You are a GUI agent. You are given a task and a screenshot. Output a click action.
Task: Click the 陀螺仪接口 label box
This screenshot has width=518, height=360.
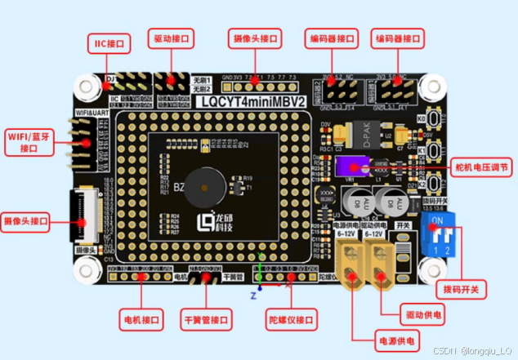(x=292, y=318)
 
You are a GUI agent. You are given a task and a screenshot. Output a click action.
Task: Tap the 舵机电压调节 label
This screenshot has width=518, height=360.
(x=483, y=168)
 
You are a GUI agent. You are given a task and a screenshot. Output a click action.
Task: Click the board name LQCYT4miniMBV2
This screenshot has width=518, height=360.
(x=255, y=102)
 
